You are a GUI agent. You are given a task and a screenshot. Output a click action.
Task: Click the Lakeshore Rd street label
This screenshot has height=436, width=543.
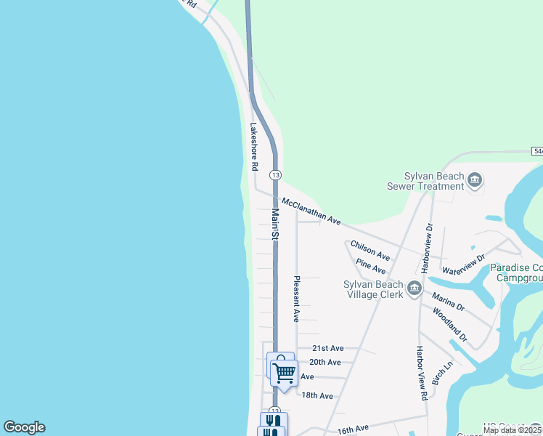pos(254,145)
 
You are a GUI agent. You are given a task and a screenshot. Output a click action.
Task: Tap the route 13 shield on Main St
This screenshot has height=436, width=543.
pos(275,175)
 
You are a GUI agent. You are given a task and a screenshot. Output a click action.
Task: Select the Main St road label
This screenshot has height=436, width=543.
pos(275,225)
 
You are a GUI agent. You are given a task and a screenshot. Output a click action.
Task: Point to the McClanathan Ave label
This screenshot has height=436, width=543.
pos(311,211)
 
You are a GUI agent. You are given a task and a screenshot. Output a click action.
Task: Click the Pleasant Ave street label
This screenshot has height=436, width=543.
pos(296,299)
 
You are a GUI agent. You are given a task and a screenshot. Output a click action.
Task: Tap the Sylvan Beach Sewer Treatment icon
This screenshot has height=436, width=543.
pos(475,179)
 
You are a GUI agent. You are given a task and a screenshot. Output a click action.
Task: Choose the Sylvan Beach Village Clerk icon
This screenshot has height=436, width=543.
pos(415,289)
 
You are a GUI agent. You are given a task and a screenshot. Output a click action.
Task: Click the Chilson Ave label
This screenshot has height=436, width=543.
pos(370,251)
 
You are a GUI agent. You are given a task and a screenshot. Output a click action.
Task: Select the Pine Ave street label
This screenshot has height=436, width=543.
pos(370,269)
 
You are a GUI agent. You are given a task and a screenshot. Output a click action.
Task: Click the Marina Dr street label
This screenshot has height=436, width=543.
pos(448,301)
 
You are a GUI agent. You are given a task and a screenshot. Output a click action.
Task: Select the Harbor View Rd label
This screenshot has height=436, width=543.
pos(420,373)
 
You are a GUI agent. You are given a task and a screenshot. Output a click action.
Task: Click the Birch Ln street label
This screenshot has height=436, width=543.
pos(441,374)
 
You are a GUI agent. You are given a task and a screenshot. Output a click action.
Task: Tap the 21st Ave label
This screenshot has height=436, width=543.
pos(328,349)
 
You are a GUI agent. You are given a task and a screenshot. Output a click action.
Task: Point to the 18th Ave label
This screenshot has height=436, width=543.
pos(317,395)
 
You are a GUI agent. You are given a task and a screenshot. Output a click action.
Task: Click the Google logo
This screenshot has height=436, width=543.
pos(24,427)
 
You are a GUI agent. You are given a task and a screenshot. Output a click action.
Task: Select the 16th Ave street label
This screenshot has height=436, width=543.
pos(353,430)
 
